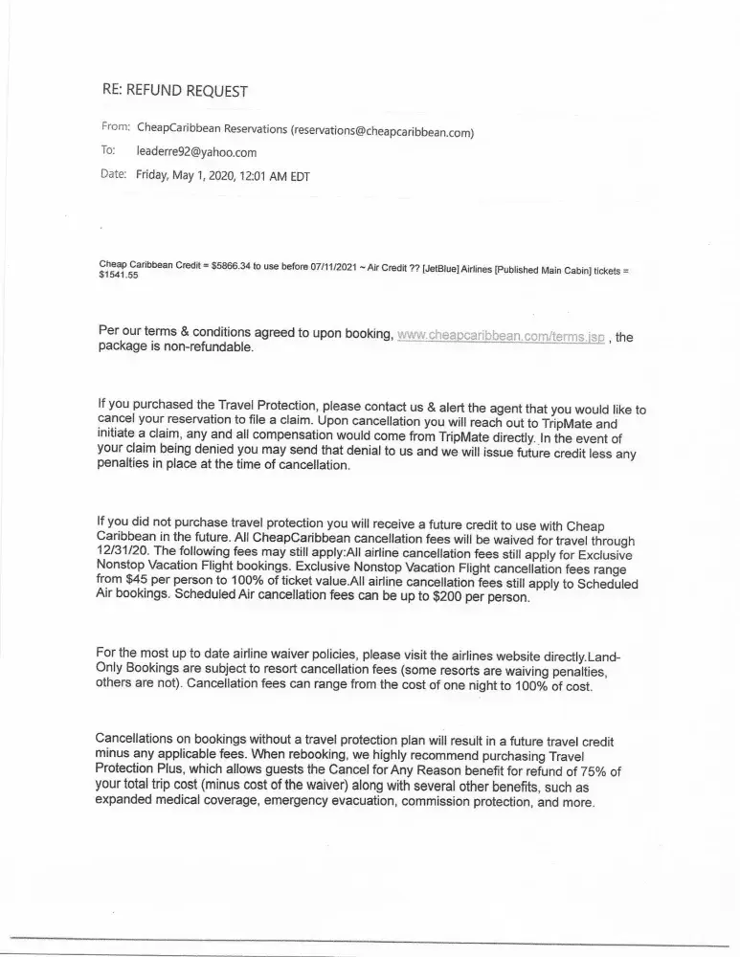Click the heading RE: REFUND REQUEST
tap(174, 91)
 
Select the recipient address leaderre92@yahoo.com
tap(196, 152)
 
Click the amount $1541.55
tap(119, 276)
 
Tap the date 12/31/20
tap(123, 551)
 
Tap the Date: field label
tap(113, 175)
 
